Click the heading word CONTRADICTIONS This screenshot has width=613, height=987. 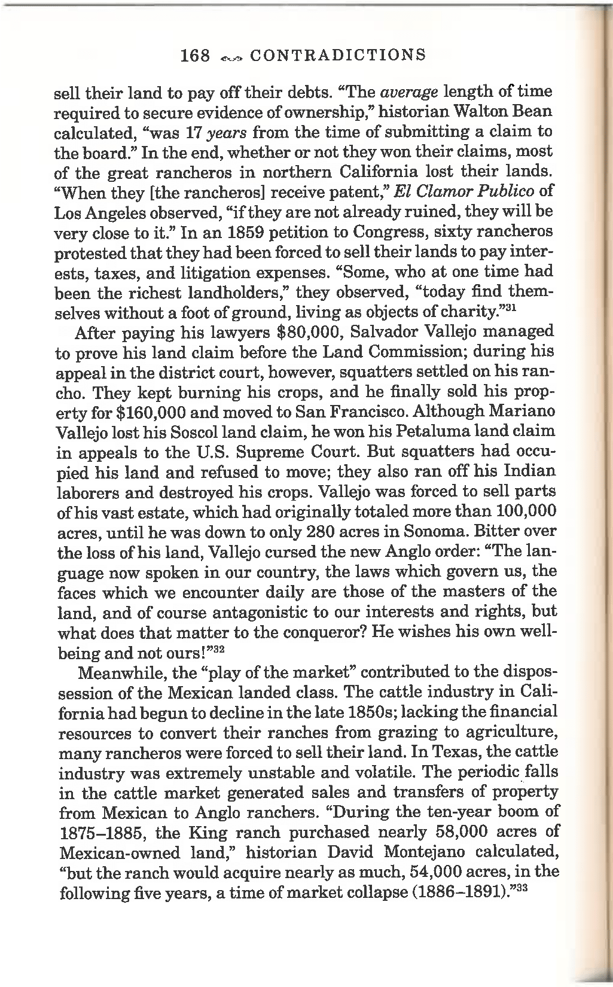338,56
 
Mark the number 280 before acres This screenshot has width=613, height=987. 307,532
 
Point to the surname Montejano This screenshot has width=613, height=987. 431,852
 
